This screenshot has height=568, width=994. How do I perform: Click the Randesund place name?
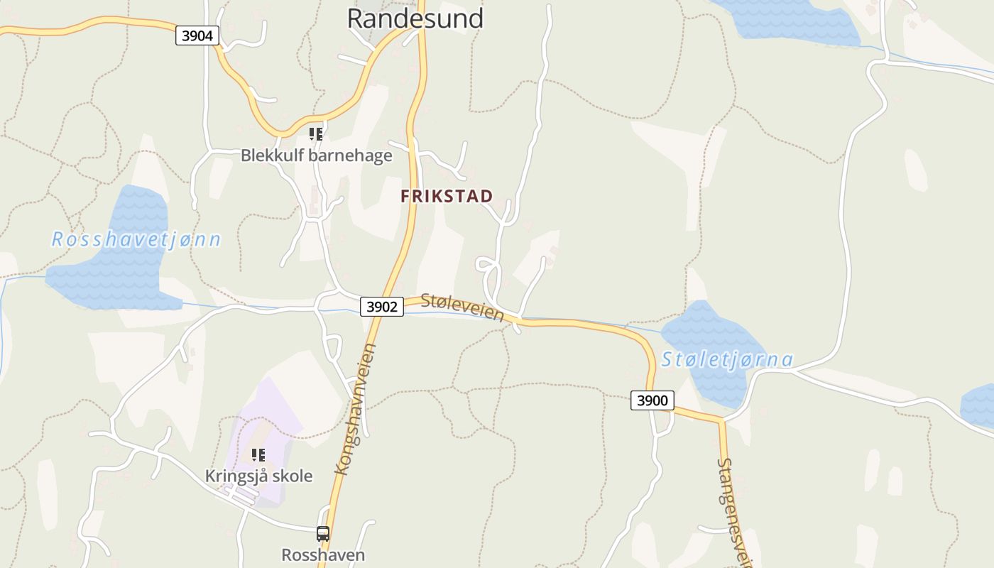(415, 18)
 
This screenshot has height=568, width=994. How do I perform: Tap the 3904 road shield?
(197, 35)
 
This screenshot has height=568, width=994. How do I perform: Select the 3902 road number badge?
(381, 307)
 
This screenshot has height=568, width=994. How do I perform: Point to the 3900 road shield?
(652, 400)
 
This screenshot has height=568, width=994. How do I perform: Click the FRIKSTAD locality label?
(447, 197)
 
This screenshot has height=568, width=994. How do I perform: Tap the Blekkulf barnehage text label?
(316, 155)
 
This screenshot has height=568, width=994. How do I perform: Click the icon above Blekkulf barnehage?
(316, 133)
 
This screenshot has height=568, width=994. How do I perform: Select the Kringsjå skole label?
(258, 476)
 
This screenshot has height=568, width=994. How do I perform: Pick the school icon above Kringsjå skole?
(258, 454)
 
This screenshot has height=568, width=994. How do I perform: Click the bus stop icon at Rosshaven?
(323, 533)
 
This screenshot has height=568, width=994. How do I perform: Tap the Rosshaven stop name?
(323, 555)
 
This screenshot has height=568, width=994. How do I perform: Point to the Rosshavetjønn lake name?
(136, 239)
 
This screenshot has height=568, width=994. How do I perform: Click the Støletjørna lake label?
(727, 359)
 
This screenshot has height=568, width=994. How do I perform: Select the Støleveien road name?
(462, 307)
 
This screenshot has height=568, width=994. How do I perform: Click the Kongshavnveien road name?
(356, 409)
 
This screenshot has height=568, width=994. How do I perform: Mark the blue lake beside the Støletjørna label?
(703, 334)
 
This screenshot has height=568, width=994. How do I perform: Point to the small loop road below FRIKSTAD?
(486, 265)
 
